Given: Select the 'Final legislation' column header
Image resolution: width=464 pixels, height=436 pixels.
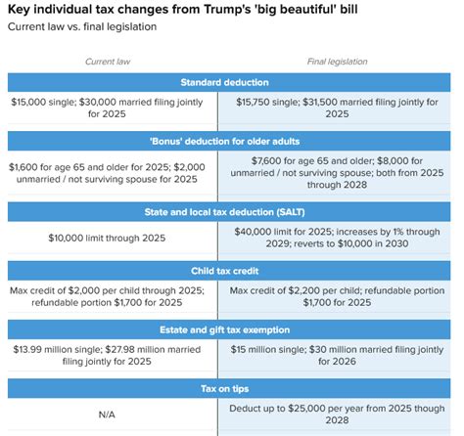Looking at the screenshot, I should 338,62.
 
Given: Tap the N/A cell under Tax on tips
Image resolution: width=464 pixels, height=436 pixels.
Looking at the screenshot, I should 109,414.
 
